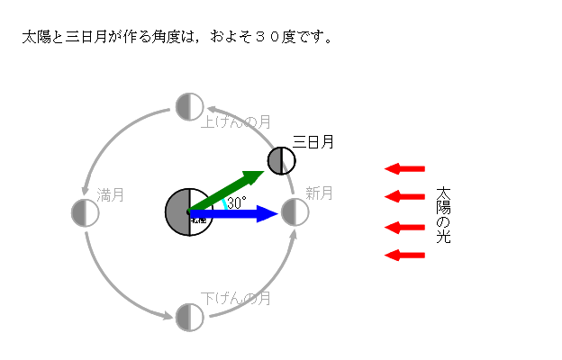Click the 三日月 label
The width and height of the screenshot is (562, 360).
(313, 142)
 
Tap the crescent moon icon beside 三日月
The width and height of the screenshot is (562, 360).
(282, 161)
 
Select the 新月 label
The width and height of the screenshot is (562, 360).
(319, 193)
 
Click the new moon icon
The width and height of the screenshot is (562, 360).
(295, 212)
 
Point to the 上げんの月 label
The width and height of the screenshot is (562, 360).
(236, 121)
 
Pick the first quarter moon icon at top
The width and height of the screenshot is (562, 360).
(189, 106)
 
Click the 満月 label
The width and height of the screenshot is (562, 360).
(110, 193)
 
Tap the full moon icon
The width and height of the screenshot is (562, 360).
(85, 212)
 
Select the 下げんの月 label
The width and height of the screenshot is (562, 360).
(236, 298)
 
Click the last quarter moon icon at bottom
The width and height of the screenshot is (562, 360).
(189, 317)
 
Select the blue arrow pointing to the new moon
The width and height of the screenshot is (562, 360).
(239, 213)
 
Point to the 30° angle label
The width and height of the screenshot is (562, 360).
(237, 203)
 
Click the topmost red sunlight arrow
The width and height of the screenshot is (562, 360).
(404, 167)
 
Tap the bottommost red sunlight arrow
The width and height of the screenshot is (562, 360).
(404, 256)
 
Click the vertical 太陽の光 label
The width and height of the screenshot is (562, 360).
(442, 216)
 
